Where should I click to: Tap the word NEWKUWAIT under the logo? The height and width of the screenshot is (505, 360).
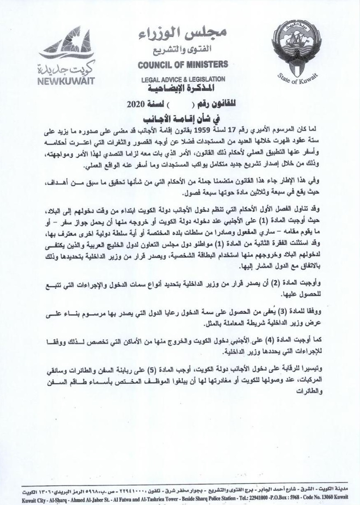click(66, 80)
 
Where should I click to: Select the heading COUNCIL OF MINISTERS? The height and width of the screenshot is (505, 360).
click(182, 64)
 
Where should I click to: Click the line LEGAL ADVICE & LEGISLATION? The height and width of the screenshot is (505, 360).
click(183, 79)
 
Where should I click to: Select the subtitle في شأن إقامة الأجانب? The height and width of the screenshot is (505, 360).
click(182, 118)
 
